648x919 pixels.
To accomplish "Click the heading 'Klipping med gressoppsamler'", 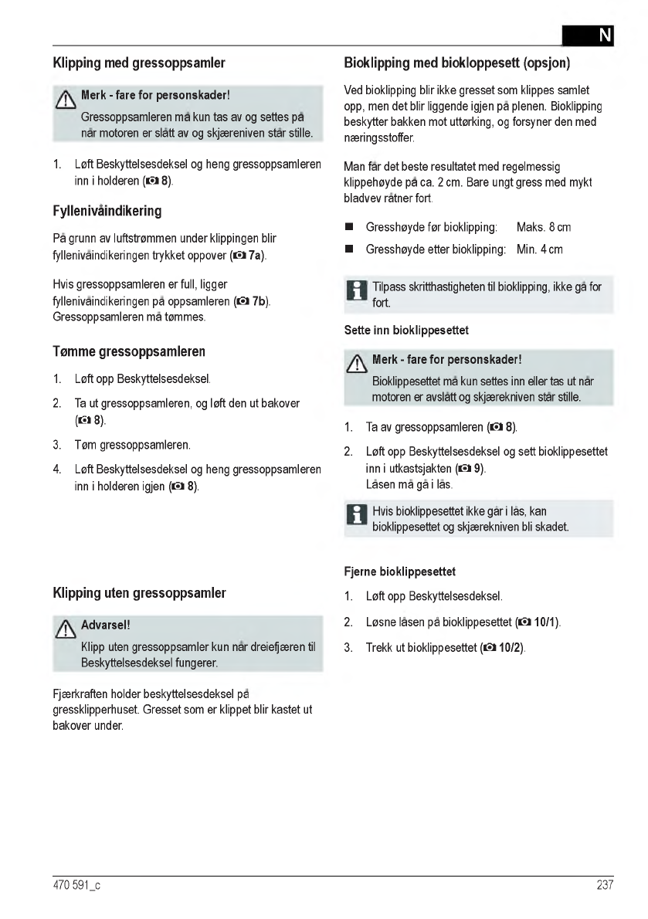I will pos(139,62).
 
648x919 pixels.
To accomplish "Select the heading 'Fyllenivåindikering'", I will pos(107,211).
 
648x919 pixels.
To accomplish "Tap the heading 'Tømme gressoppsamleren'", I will pos(129,351).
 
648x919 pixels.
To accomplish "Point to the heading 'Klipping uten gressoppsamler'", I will pos(140,593).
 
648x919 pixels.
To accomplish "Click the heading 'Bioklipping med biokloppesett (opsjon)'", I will pos(462,62).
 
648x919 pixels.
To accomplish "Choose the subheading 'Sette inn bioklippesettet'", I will pos(406,331).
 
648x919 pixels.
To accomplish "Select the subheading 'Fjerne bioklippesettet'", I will pos(399,571).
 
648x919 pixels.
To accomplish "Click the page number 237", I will pos(605,885).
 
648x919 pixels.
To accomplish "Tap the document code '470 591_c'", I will pos(76,885).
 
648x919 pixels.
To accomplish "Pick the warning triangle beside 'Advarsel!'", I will pos(66,630).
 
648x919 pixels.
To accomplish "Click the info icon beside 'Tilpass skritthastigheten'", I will pos(357,291).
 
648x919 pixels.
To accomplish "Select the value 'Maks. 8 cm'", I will pos(544,228).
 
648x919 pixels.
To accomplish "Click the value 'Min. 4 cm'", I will pos(540,249).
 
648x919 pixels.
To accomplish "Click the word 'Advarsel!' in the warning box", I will pos(105,624).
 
